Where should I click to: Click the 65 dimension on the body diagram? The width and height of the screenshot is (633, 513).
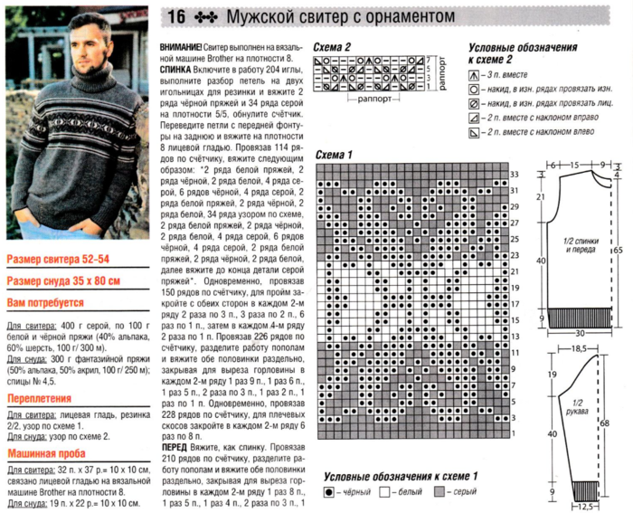pos(619,246)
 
